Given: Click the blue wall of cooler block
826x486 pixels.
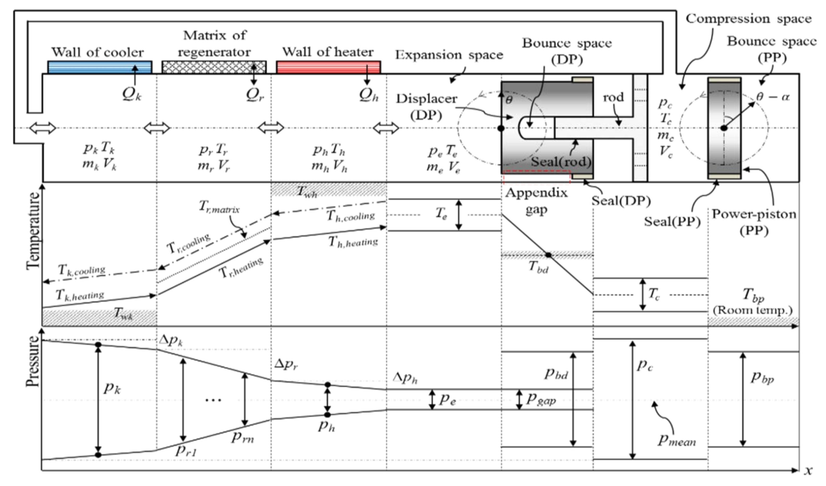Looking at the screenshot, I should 100,67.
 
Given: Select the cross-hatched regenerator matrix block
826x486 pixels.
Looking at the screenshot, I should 214,67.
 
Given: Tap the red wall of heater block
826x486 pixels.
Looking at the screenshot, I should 328,67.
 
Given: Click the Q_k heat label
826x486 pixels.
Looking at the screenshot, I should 132,94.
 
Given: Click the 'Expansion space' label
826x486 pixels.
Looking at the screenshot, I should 449,55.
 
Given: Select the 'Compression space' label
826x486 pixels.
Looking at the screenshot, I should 749,19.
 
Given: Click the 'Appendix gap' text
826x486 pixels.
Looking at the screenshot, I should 536,201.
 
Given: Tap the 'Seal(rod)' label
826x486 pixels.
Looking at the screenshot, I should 561,161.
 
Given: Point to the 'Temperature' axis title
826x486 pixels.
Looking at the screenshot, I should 33,231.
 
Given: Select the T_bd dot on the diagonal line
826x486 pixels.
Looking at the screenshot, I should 548,255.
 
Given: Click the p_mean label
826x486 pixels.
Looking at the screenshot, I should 676,441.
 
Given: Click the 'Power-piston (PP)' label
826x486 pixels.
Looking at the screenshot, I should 754,222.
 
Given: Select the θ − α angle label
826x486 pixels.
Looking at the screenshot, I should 773,97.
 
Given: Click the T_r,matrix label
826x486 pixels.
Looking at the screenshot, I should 219,207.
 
